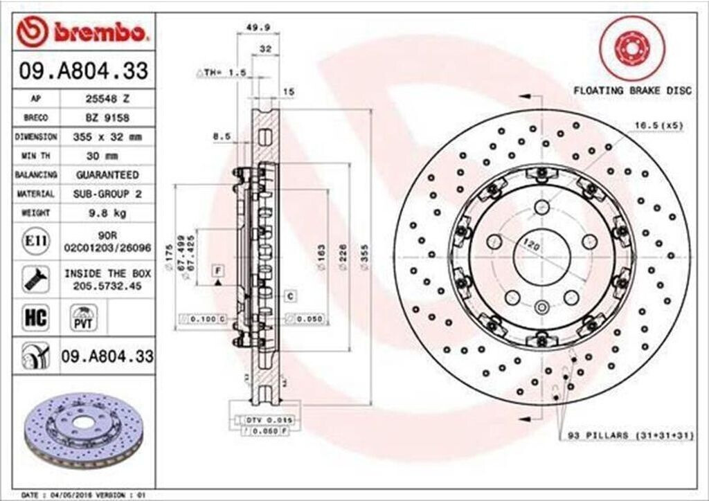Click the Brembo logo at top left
[83, 32]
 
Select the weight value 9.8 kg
[107, 214]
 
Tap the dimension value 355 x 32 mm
[107, 137]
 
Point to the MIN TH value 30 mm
[107, 156]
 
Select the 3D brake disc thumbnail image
[85, 430]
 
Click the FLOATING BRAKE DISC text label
[631, 91]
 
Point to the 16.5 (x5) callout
[649, 126]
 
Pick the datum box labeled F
[217, 268]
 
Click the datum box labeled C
[291, 296]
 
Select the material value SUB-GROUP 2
[107, 194]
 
